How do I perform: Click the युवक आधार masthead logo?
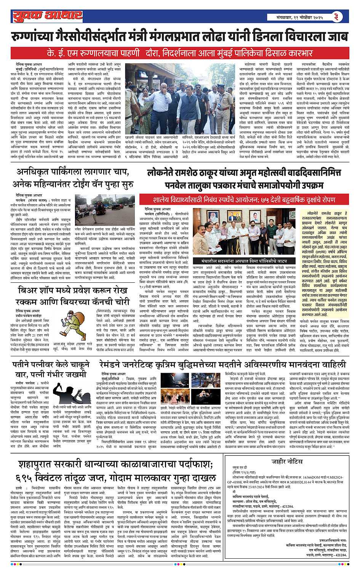47,16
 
